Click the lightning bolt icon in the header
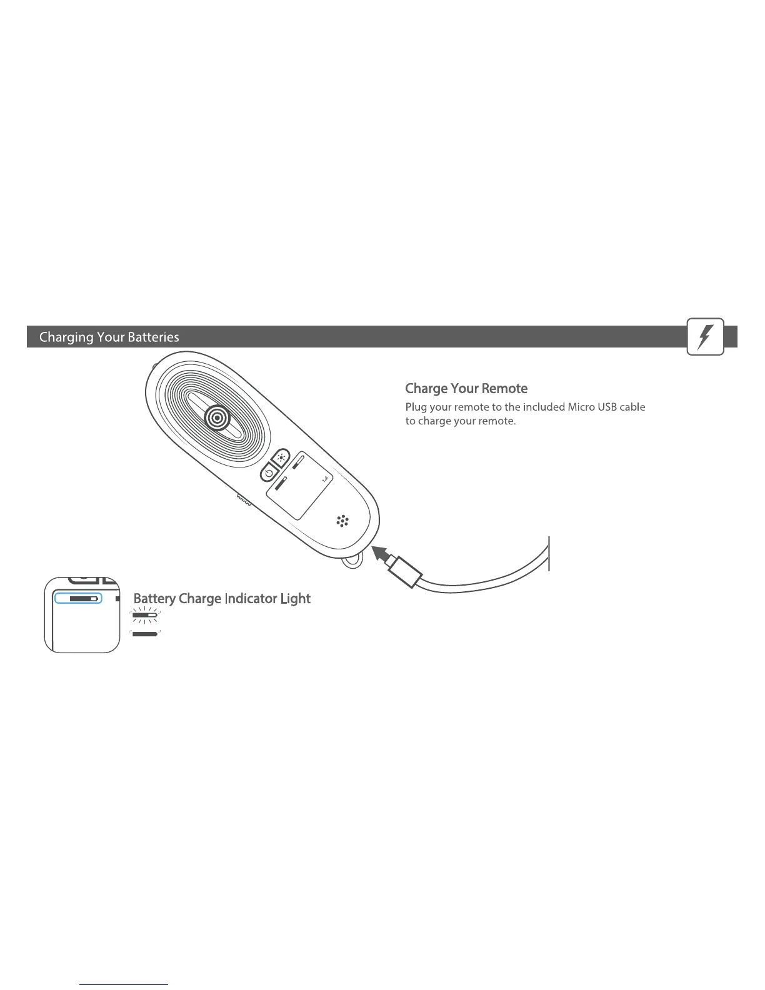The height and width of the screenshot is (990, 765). pyautogui.click(x=705, y=337)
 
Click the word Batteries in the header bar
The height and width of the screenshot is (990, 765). pyautogui.click(x=153, y=337)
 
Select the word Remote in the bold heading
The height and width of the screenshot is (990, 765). pyautogui.click(x=507, y=389)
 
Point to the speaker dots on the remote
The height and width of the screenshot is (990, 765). pyautogui.click(x=342, y=521)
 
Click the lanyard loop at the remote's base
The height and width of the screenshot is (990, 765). pyautogui.click(x=352, y=561)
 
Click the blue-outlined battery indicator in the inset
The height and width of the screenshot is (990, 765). pyautogui.click(x=78, y=598)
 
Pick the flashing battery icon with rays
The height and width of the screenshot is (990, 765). pyautogui.click(x=144, y=616)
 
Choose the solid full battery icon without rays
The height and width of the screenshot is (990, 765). pyautogui.click(x=144, y=633)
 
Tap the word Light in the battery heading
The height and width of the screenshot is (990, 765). pyautogui.click(x=296, y=599)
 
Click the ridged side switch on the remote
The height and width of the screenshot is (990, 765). pyautogui.click(x=243, y=500)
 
